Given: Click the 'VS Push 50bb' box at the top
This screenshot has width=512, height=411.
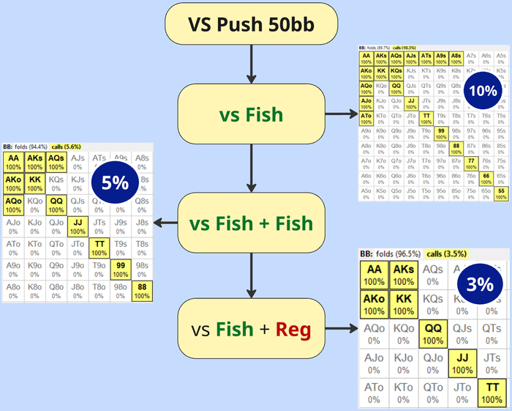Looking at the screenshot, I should (x=252, y=26).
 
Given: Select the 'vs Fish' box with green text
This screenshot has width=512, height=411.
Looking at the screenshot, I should (x=252, y=114).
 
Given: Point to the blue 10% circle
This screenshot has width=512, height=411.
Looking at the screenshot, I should (x=483, y=91).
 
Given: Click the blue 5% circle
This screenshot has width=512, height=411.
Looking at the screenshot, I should (x=116, y=182).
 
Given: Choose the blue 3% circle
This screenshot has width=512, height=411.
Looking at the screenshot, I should (x=479, y=286).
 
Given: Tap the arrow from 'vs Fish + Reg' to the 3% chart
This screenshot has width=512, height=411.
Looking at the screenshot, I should (x=341, y=330).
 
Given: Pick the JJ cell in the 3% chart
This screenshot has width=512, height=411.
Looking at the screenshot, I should (x=461, y=363).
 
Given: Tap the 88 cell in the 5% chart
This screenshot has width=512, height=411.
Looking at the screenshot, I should (x=142, y=292).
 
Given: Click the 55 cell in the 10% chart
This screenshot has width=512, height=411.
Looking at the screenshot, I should (x=500, y=194).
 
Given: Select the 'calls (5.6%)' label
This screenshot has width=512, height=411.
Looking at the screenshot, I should (x=67, y=147).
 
